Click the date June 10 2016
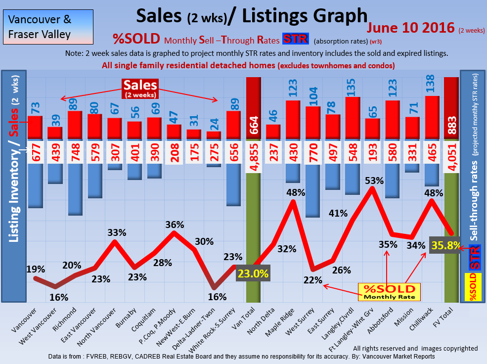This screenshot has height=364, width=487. (x=411, y=28)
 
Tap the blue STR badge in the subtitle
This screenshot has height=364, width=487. (x=295, y=39)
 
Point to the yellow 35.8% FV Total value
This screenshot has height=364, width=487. (x=446, y=245)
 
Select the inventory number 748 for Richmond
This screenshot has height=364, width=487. (x=75, y=154)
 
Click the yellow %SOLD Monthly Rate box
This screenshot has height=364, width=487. (x=388, y=292)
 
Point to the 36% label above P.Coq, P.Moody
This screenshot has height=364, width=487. (x=175, y=225)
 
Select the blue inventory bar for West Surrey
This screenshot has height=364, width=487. (x=312, y=190)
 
